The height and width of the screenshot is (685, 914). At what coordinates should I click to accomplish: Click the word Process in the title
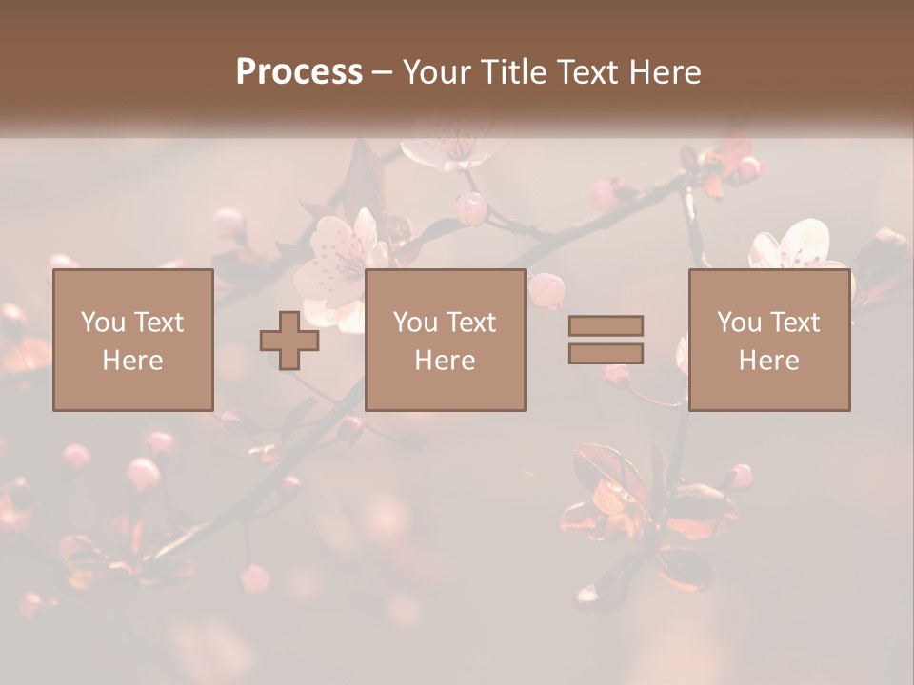[299, 71]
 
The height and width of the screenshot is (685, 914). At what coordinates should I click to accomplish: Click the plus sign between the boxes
[289, 341]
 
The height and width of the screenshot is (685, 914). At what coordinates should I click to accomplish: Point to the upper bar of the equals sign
[606, 325]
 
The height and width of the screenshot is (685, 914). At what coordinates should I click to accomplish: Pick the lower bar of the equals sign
[606, 353]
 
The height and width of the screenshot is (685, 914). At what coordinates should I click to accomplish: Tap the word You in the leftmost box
[102, 323]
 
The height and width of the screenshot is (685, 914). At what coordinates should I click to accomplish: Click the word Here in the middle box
[446, 361]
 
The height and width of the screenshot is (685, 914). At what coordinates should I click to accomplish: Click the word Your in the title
[437, 71]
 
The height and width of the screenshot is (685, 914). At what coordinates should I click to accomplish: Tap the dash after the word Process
[382, 72]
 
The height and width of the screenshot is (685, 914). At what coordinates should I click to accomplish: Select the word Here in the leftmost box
[133, 361]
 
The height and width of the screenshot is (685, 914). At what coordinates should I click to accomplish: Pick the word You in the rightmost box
[739, 323]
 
